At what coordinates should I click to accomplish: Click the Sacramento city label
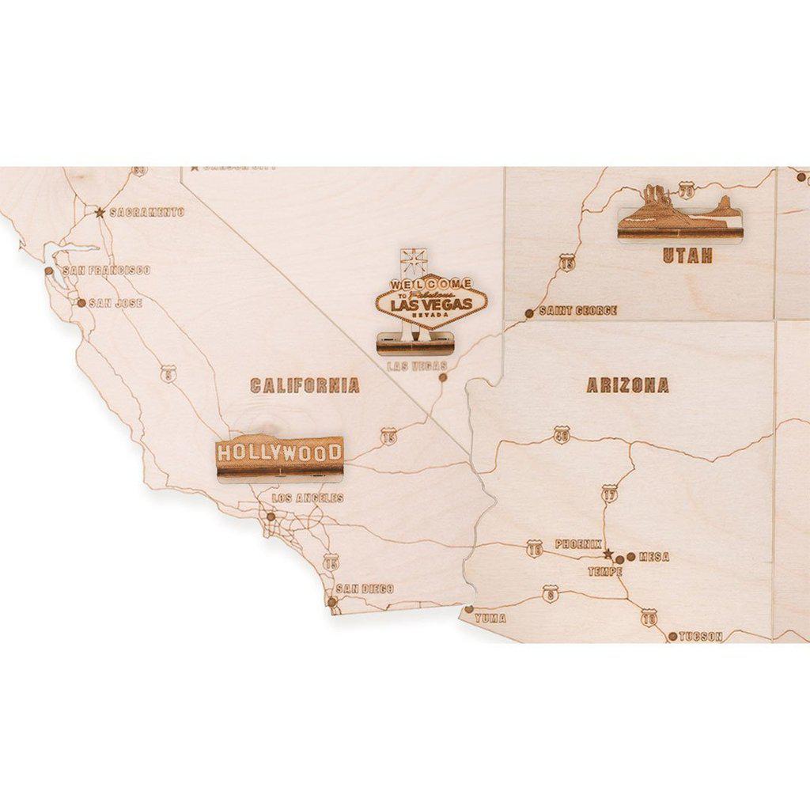tap(146, 212)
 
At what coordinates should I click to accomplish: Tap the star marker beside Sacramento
tap(100, 212)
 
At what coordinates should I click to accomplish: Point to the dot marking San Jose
tap(81, 302)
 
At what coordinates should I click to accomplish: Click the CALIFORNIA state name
tap(305, 386)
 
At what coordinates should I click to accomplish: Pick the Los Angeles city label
tap(308, 498)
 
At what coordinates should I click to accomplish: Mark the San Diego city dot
tap(332, 602)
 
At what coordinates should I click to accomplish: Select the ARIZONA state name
tap(627, 386)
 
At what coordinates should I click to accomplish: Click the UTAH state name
tap(687, 255)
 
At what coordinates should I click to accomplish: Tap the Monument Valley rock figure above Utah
tap(679, 214)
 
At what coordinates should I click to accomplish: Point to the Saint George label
tap(577, 311)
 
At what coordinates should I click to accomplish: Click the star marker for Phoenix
tap(607, 554)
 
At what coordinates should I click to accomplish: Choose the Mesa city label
tap(653, 557)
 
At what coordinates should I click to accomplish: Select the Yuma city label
tap(490, 619)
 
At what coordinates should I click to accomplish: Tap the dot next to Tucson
tap(672, 636)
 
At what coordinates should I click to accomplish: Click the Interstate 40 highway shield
tap(561, 435)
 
